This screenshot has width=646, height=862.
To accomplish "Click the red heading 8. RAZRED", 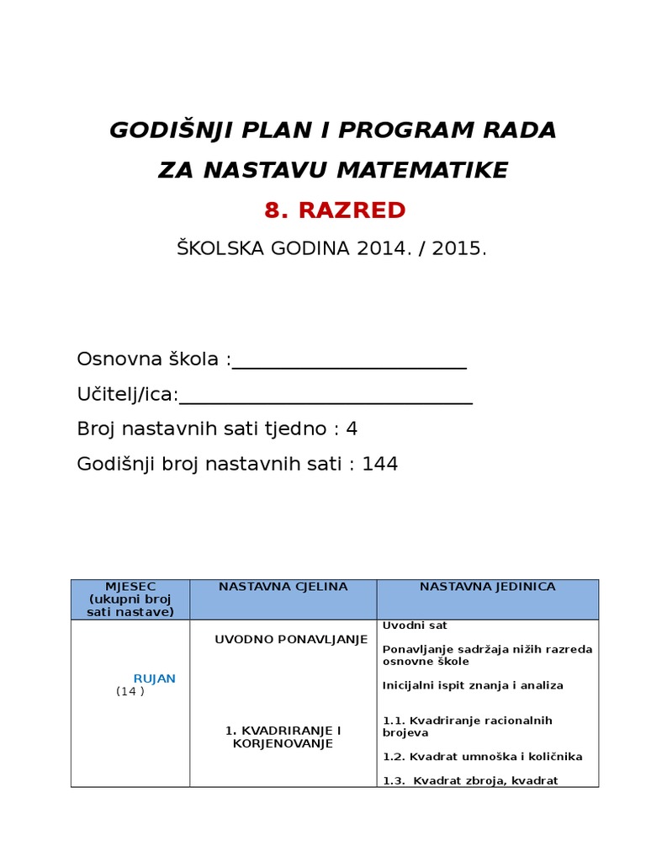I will click(x=335, y=210).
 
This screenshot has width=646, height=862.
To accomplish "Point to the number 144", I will click(x=379, y=464).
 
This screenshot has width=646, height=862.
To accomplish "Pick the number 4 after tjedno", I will click(x=352, y=429).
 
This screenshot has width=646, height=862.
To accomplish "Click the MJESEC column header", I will click(x=130, y=587).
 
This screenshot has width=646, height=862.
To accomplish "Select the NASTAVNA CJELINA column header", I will click(x=283, y=587).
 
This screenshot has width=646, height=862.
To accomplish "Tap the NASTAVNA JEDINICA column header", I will click(x=487, y=587).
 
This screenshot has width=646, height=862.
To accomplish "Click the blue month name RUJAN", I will click(x=155, y=679).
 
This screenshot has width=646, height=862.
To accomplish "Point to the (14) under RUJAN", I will click(x=130, y=692).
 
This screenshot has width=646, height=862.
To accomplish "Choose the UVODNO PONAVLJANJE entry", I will click(x=291, y=640).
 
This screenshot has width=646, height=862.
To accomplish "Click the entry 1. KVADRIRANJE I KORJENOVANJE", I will click(x=283, y=737).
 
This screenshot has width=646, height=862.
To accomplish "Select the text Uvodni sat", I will click(x=415, y=625).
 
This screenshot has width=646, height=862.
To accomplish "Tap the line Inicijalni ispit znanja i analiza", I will click(x=473, y=685).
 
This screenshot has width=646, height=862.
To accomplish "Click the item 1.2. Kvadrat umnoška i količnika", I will click(x=482, y=757).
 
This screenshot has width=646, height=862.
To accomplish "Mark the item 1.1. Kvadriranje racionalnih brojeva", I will click(x=467, y=726).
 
